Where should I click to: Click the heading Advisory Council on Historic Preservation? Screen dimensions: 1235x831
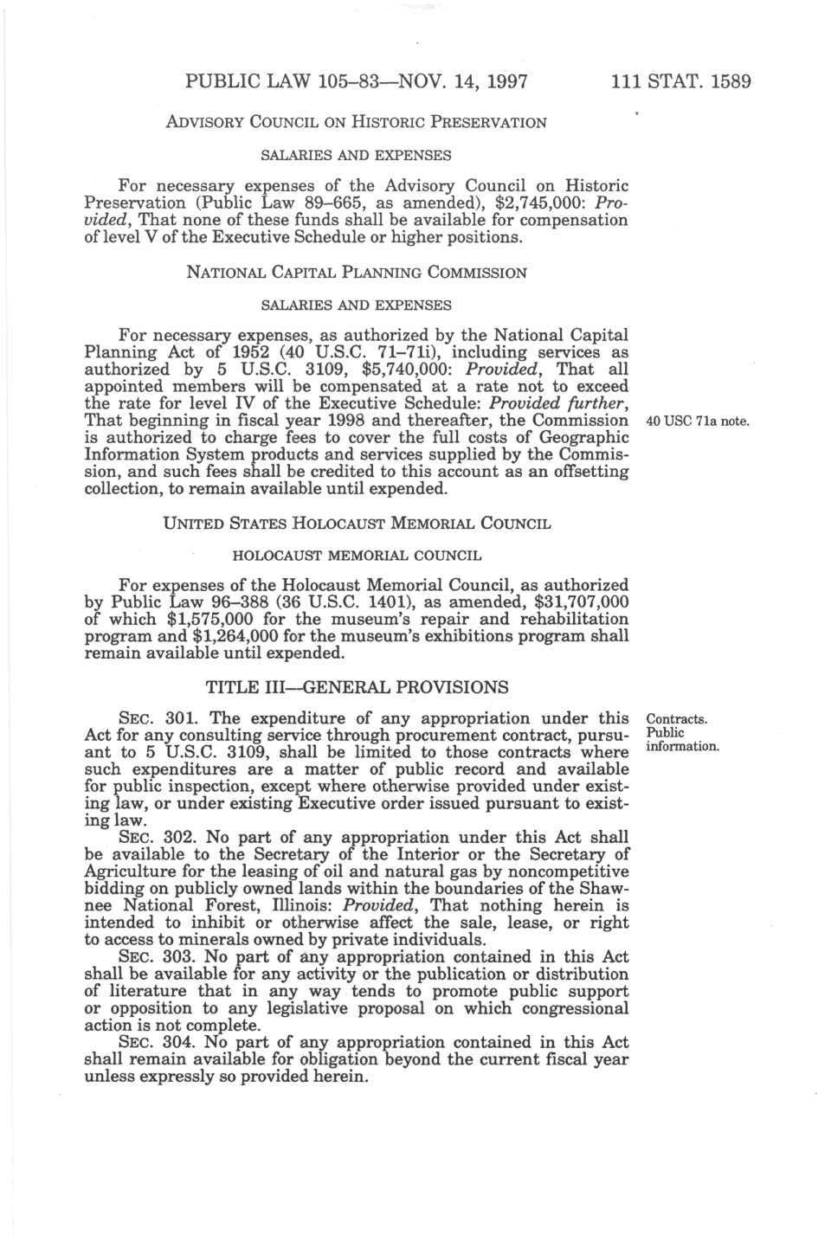(x=356, y=122)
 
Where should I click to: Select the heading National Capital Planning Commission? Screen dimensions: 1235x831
(x=356, y=273)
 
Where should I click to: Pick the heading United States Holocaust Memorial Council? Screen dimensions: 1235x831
(x=356, y=524)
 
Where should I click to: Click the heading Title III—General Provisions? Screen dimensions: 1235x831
(x=356, y=688)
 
